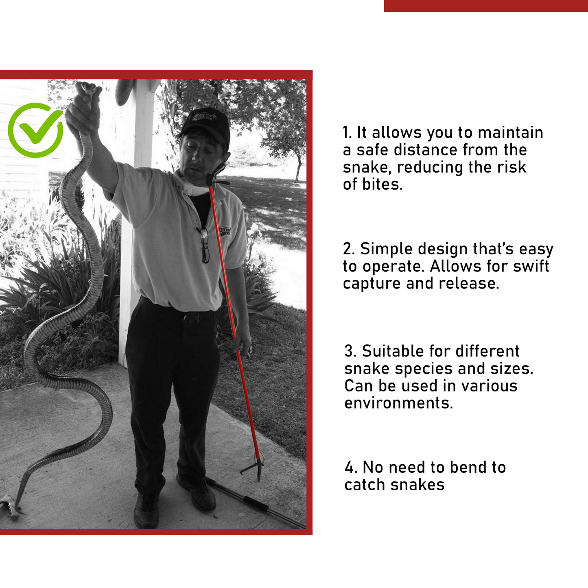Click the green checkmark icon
click(36, 130)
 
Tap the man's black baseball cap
click(206, 122)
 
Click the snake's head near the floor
click(8, 506)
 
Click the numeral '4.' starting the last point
click(351, 468)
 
